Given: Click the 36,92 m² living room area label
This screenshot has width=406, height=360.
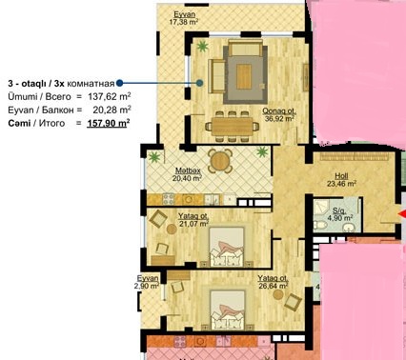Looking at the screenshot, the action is (x=279, y=119).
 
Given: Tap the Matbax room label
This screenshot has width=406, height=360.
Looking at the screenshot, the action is (x=188, y=170).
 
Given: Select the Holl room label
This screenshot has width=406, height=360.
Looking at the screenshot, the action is (x=341, y=176).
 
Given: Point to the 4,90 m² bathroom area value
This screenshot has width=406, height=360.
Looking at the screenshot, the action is (x=340, y=218).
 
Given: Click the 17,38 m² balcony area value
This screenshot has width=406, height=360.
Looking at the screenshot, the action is (x=184, y=22).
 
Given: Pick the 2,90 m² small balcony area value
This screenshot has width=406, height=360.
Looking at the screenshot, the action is (x=147, y=286).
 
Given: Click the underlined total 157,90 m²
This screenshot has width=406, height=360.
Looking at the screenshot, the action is (x=109, y=123).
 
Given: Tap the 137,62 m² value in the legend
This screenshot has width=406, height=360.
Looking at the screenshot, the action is (x=110, y=96).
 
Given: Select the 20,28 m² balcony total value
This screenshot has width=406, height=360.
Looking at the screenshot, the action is (x=112, y=110).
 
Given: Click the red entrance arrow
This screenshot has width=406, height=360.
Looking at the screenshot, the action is (x=402, y=215).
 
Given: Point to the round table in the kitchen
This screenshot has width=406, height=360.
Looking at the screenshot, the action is (x=220, y=161).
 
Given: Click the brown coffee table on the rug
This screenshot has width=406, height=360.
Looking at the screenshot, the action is (x=244, y=76).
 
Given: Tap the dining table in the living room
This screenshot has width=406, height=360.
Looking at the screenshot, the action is (x=233, y=126).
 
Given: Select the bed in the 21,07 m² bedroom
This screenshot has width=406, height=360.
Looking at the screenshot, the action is (x=227, y=246).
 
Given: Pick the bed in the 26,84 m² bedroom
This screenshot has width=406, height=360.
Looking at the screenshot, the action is (x=228, y=310).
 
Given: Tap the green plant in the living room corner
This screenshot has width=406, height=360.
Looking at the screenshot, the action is (x=202, y=47).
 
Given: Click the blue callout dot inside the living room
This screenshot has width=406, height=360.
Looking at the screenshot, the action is (x=199, y=83).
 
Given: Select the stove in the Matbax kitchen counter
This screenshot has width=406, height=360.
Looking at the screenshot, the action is (x=169, y=199).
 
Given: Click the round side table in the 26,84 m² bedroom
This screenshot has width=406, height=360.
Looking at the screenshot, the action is (x=278, y=294).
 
